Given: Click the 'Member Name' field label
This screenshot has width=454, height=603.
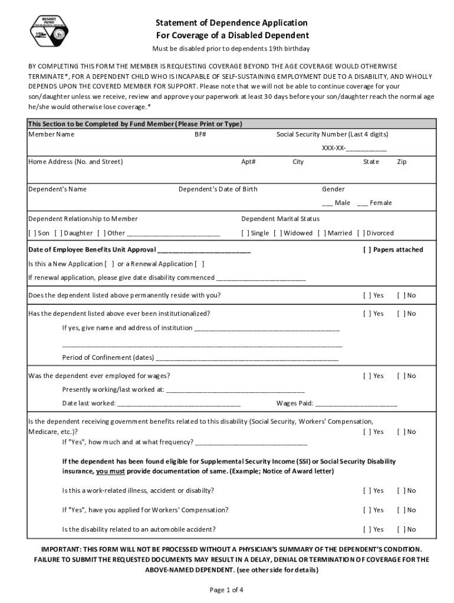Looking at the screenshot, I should point(51,134).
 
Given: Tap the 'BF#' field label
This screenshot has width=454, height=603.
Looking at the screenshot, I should point(200,134).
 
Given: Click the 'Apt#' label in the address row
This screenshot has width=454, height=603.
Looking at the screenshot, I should point(248,161).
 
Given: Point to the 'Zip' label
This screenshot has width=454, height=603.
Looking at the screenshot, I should point(402,161).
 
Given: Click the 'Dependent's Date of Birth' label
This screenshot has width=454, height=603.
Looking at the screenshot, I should point(218,189).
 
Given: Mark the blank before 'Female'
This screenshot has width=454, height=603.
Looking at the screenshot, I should point(363,203).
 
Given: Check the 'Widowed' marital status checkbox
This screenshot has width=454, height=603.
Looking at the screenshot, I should point(278,233).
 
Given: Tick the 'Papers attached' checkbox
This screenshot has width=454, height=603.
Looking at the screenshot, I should point(367,250).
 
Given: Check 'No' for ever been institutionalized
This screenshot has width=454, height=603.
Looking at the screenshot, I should point(401,313).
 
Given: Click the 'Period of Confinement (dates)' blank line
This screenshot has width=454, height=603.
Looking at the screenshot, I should point(246,358).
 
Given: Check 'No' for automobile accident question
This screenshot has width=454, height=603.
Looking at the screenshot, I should point(401,529).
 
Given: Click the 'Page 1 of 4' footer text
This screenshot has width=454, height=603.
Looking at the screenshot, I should point(226,589).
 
